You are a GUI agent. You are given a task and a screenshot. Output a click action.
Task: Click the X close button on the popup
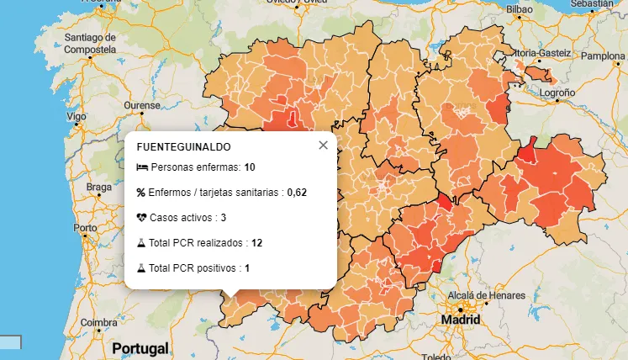coord(323,146)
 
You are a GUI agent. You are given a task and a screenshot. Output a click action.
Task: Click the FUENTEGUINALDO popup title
coord(183,147)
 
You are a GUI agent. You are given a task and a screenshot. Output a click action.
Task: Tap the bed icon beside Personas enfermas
coord(141,167)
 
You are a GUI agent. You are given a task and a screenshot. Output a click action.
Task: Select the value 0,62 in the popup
coord(297,193)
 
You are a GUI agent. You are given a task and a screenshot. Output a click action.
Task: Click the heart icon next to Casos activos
coord(141,217)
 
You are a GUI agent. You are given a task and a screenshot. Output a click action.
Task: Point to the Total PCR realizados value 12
coord(256,243)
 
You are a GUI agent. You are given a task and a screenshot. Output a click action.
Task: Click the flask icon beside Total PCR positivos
coord(141,268)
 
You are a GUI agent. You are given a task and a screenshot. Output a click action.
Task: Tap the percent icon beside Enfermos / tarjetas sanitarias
coord(141,193)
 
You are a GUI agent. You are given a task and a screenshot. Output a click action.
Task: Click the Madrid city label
coord(462,320)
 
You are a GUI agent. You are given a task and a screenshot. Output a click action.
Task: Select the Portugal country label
coord(140,347)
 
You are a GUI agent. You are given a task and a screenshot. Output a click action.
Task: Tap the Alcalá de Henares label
coord(486,296)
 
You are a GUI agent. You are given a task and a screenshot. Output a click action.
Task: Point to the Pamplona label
coord(603,56)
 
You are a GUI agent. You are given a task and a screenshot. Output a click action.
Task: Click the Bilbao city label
coord(520,9)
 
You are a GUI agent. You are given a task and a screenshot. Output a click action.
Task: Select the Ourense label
coord(142,105)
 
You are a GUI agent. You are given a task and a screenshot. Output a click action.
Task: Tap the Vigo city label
coord(77,116)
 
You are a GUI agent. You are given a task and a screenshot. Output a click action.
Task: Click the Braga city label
coord(98,187)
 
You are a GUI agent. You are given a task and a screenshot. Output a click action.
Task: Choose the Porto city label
coord(85,228)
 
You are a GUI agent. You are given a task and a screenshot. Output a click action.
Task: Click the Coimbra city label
coord(98,322)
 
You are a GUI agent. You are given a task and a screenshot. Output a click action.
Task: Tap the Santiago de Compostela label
coord(88,43)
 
